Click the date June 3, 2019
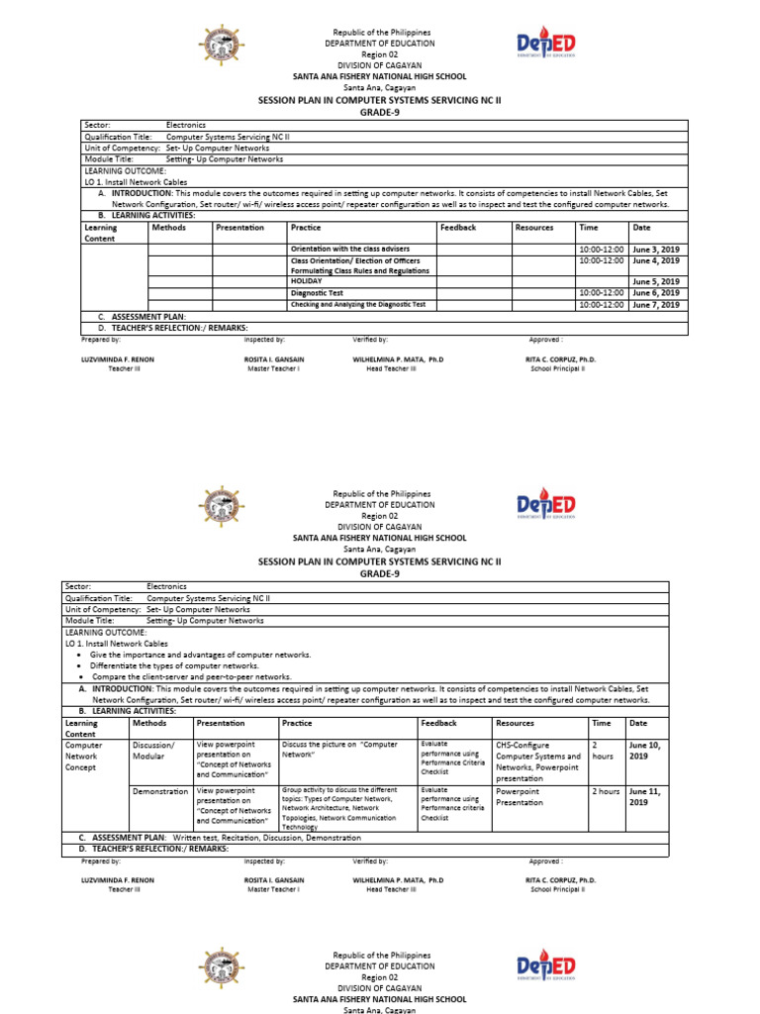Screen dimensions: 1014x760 tap(655, 249)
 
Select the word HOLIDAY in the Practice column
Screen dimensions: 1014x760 tap(307, 281)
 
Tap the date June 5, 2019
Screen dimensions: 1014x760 tap(655, 282)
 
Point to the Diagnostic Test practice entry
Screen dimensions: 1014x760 tap(317, 293)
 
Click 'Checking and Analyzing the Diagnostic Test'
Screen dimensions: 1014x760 tap(357, 304)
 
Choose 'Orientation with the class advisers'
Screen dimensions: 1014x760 tap(349, 249)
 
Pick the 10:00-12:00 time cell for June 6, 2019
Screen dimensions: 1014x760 tap(601, 293)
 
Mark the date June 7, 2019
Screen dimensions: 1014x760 tap(655, 305)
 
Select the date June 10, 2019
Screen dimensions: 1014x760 tap(648, 750)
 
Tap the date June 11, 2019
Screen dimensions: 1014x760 tap(648, 797)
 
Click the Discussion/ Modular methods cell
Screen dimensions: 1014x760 tap(153, 750)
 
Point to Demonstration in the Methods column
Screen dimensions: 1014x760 tap(159, 792)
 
